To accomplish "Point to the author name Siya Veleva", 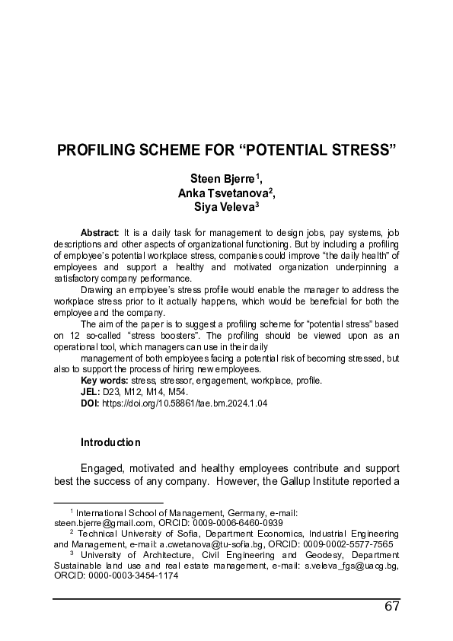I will [224, 206].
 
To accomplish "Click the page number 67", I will [392, 607].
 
